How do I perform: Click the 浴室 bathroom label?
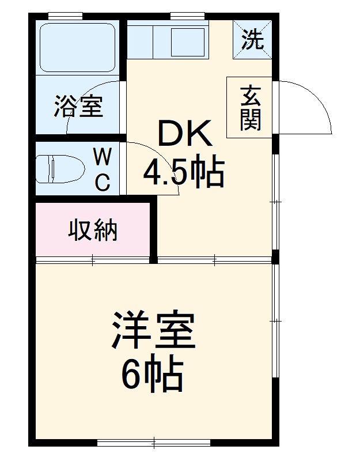click(79, 107)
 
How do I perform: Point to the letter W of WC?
click(103, 157)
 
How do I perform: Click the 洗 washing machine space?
click(252, 39)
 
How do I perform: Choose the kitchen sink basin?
click(187, 40)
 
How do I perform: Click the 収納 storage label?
click(93, 230)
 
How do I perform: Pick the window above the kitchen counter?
click(188, 15)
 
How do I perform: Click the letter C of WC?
click(103, 183)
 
